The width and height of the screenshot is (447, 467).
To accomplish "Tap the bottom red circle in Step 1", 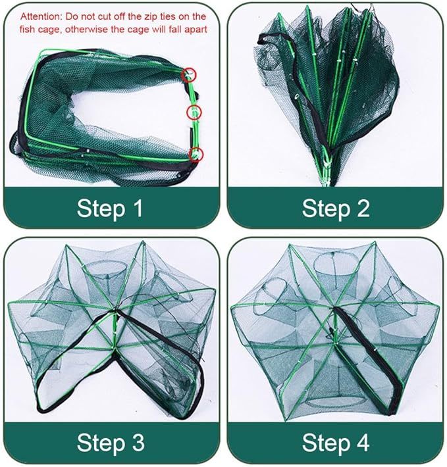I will pyautogui.click(x=195, y=155).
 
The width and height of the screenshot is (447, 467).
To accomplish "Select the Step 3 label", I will pyautogui.click(x=110, y=442).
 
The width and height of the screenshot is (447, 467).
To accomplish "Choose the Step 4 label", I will pyautogui.click(x=335, y=442).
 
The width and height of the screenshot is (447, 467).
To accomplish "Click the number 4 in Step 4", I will pyautogui.click(x=363, y=442).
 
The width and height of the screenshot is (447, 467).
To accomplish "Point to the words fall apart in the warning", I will pyautogui.click(x=185, y=29).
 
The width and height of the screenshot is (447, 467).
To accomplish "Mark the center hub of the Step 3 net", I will pyautogui.click(x=114, y=316).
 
